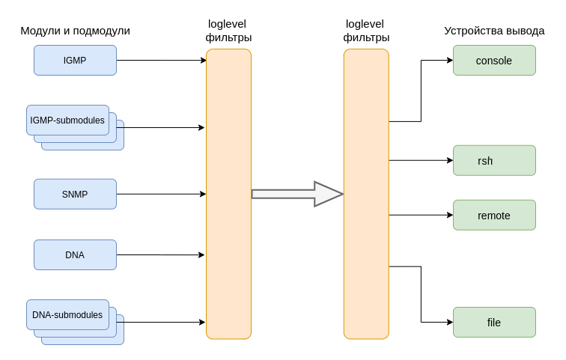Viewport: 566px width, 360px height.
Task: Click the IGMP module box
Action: pos(75,61)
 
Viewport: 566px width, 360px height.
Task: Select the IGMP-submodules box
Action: pos(67,120)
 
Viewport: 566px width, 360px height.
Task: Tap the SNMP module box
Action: pos(75,194)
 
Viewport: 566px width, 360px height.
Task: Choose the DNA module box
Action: pos(75,254)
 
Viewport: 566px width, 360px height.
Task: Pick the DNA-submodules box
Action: pos(67,315)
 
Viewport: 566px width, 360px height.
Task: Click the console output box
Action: pos(494,61)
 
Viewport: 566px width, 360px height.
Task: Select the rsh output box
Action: pos(494,160)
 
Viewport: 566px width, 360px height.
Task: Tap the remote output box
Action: pos(494,216)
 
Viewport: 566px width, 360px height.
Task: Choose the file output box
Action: pos(494,323)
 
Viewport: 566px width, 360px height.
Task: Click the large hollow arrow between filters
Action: pos(297,194)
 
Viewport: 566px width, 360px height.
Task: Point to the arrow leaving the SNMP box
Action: pos(161,194)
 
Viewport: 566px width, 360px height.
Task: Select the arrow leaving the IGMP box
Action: pos(161,60)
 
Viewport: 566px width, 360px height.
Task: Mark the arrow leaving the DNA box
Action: pos(161,254)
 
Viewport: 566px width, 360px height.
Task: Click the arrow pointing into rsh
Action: pos(421,160)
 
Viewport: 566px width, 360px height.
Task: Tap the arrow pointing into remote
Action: pos(421,216)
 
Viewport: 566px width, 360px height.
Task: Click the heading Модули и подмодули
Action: pos(75,31)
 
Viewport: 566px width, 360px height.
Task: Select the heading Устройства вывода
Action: pos(494,31)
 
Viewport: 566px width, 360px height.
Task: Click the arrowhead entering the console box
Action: pos(449,61)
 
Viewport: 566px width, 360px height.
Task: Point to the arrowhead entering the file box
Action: pos(449,323)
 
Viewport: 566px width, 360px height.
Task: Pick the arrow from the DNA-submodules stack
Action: pos(165,323)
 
